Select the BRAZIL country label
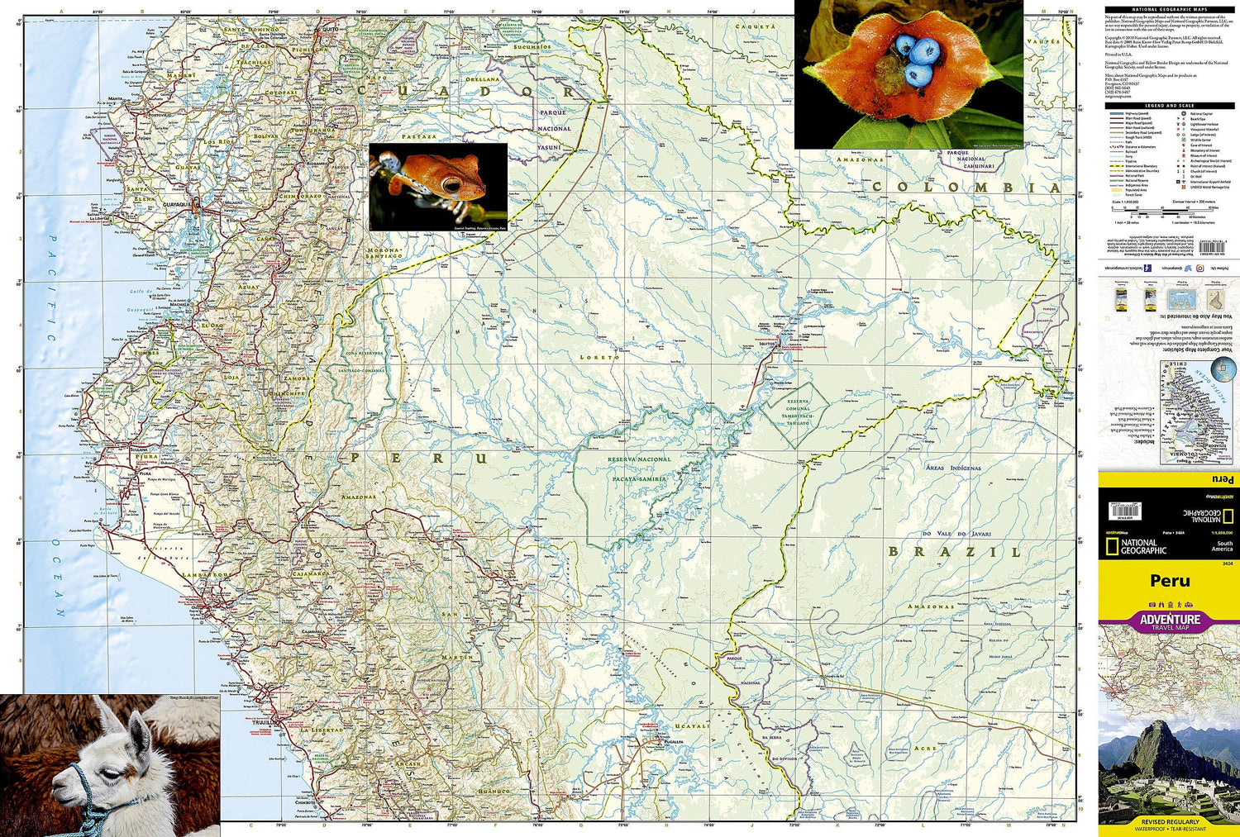click(x=954, y=551)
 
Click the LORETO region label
click(x=599, y=357)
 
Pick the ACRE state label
click(x=925, y=749)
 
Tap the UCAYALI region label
click(x=692, y=726)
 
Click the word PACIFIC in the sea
click(x=51, y=288)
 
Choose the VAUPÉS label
click(x=1042, y=40)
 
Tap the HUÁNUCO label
click(x=491, y=792)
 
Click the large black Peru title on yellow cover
click(x=1170, y=580)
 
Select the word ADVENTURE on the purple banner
click(x=1170, y=619)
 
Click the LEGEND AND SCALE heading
click(x=1169, y=106)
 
